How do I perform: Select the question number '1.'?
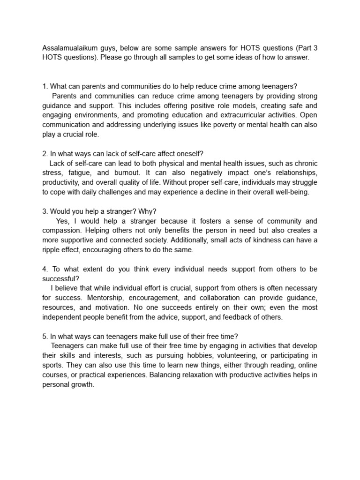click(x=45, y=86)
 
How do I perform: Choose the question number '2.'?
click(x=45, y=154)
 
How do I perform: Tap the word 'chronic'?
click(x=305, y=164)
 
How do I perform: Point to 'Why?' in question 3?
click(x=148, y=211)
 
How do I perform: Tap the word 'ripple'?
click(x=52, y=250)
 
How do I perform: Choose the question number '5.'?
click(x=45, y=337)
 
